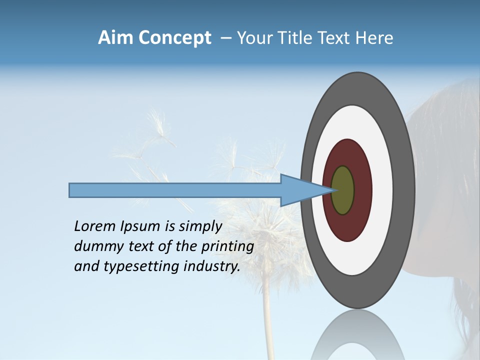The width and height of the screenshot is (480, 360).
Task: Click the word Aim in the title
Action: click(x=115, y=38)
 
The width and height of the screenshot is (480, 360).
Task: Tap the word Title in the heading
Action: click(x=290, y=38)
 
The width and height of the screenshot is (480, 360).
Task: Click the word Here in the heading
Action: click(x=374, y=38)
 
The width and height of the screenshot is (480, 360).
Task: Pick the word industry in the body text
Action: click(x=212, y=267)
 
